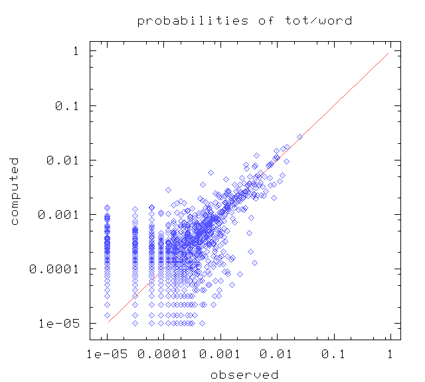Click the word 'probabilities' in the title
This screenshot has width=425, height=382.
click(x=193, y=21)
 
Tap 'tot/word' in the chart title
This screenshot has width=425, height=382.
click(x=319, y=21)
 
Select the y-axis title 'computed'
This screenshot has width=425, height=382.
click(x=14, y=191)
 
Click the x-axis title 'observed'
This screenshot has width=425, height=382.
click(x=244, y=375)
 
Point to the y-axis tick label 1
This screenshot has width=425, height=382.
click(x=76, y=51)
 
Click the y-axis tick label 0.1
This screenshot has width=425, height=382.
click(x=66, y=106)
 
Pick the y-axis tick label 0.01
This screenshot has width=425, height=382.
click(x=62, y=160)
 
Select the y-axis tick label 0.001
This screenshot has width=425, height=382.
click(x=58, y=215)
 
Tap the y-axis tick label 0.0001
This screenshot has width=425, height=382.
click(x=54, y=269)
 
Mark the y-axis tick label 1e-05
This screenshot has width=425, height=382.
click(x=59, y=324)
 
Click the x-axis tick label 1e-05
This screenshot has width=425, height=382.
click(x=107, y=354)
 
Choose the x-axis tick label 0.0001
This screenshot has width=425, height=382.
click(x=162, y=354)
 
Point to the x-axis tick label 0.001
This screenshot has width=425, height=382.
click(x=220, y=354)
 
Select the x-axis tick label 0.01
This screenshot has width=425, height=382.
click(x=276, y=354)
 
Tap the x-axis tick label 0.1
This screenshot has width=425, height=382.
click(x=333, y=354)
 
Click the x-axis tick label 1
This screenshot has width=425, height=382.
click(x=390, y=354)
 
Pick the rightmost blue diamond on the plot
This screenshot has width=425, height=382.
click(x=299, y=137)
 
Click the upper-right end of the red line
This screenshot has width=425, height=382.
click(x=388, y=53)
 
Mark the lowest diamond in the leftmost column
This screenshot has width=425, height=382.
click(x=108, y=316)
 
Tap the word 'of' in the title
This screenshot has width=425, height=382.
click(x=266, y=21)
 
